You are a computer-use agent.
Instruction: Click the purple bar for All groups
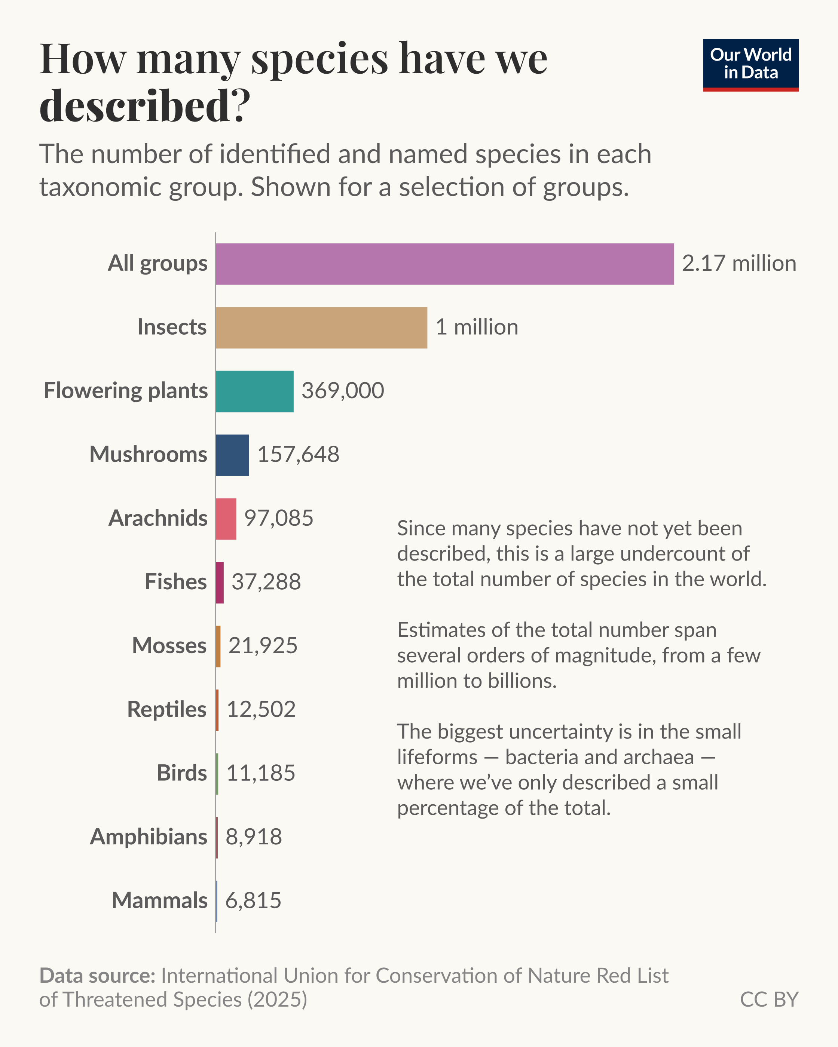(x=444, y=264)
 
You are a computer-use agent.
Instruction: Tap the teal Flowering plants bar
(x=254, y=392)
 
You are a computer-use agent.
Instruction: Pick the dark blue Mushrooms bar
(x=232, y=455)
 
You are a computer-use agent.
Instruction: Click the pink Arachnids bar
(x=226, y=519)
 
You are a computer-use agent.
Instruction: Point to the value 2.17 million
(x=739, y=264)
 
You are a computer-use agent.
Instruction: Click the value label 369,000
(x=342, y=391)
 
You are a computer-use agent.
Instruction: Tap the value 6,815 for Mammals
(x=253, y=900)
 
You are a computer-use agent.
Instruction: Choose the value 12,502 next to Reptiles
(x=261, y=709)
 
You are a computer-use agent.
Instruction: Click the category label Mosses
(x=169, y=646)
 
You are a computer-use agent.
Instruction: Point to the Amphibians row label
(x=149, y=837)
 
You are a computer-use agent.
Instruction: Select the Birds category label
(x=182, y=773)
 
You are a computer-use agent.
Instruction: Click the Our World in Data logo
(x=750, y=65)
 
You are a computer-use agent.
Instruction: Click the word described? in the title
(x=145, y=105)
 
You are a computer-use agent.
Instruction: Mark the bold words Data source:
(x=97, y=975)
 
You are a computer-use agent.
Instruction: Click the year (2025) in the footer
(x=277, y=1000)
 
